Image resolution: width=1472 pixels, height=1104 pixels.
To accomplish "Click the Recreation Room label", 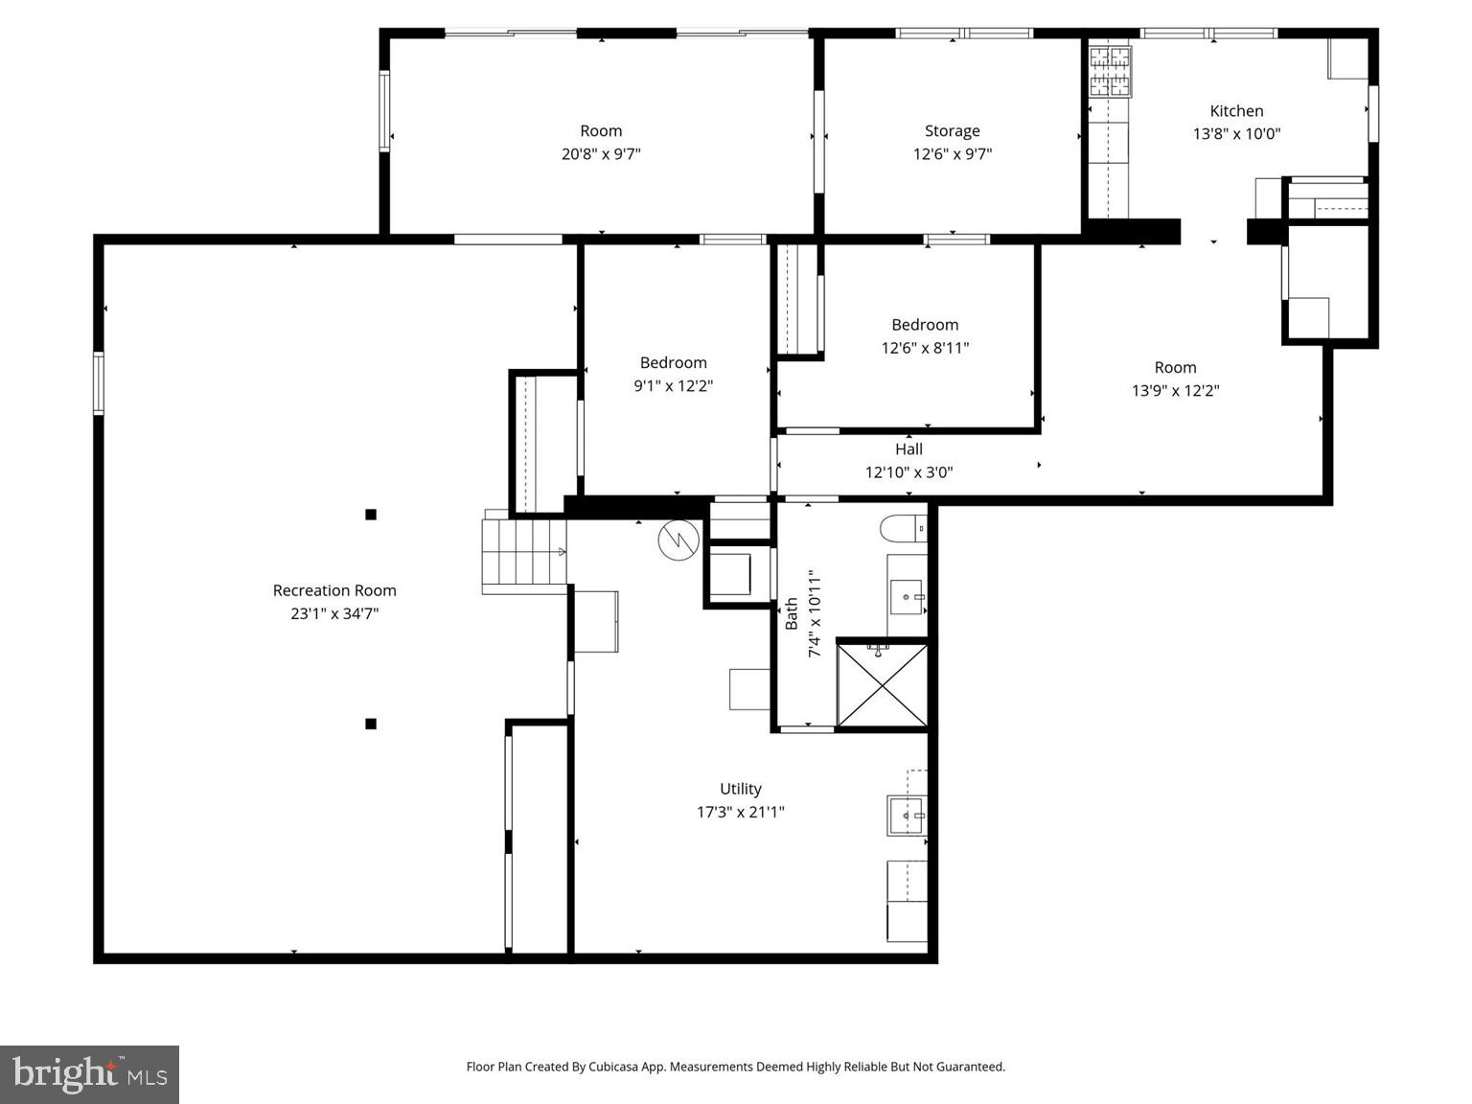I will (334, 590).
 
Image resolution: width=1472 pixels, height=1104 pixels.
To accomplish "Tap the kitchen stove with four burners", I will (1110, 72).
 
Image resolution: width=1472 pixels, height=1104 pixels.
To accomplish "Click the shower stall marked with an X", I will (882, 684).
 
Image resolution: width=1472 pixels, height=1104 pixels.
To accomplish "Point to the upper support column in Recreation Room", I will (371, 515).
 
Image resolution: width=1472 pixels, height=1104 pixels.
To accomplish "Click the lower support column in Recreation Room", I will (371, 724).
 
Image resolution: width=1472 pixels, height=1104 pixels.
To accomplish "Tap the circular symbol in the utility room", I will (678, 540).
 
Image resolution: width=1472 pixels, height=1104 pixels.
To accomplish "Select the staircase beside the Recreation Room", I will (523, 554).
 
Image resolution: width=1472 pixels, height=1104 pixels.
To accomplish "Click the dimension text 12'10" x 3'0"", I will (908, 471).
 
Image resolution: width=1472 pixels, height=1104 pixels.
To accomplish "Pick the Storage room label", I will (952, 131).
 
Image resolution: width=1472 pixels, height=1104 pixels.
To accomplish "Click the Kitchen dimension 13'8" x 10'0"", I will (1236, 134).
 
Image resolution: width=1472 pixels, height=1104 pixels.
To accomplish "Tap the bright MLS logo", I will (89, 1074).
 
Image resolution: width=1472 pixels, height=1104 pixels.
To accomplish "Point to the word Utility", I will (741, 789).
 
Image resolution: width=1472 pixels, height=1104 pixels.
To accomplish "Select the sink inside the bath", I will (907, 597).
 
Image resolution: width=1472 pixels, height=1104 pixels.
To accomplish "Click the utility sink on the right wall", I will (907, 816).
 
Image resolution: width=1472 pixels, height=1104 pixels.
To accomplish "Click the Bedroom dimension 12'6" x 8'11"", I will (925, 348).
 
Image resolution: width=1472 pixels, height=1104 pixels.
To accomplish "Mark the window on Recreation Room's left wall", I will (99, 383).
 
